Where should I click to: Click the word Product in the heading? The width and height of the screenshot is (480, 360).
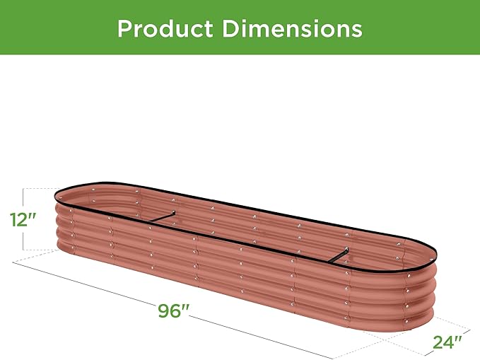click(x=164, y=28)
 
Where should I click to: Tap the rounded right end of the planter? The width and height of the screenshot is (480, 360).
click(x=417, y=283)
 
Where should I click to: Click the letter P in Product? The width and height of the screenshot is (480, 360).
click(x=125, y=28)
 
